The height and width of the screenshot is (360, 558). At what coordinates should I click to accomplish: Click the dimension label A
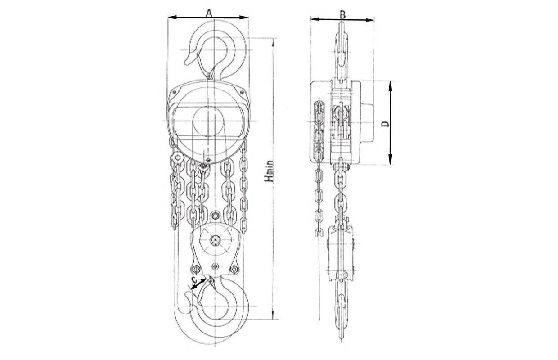209,13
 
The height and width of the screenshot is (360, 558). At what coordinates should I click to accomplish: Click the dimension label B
343,15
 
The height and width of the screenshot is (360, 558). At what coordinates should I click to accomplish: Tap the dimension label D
386,124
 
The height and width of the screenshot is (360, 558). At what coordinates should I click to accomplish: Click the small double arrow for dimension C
198,284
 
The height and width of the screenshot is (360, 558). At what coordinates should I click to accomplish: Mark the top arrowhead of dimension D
390,85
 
